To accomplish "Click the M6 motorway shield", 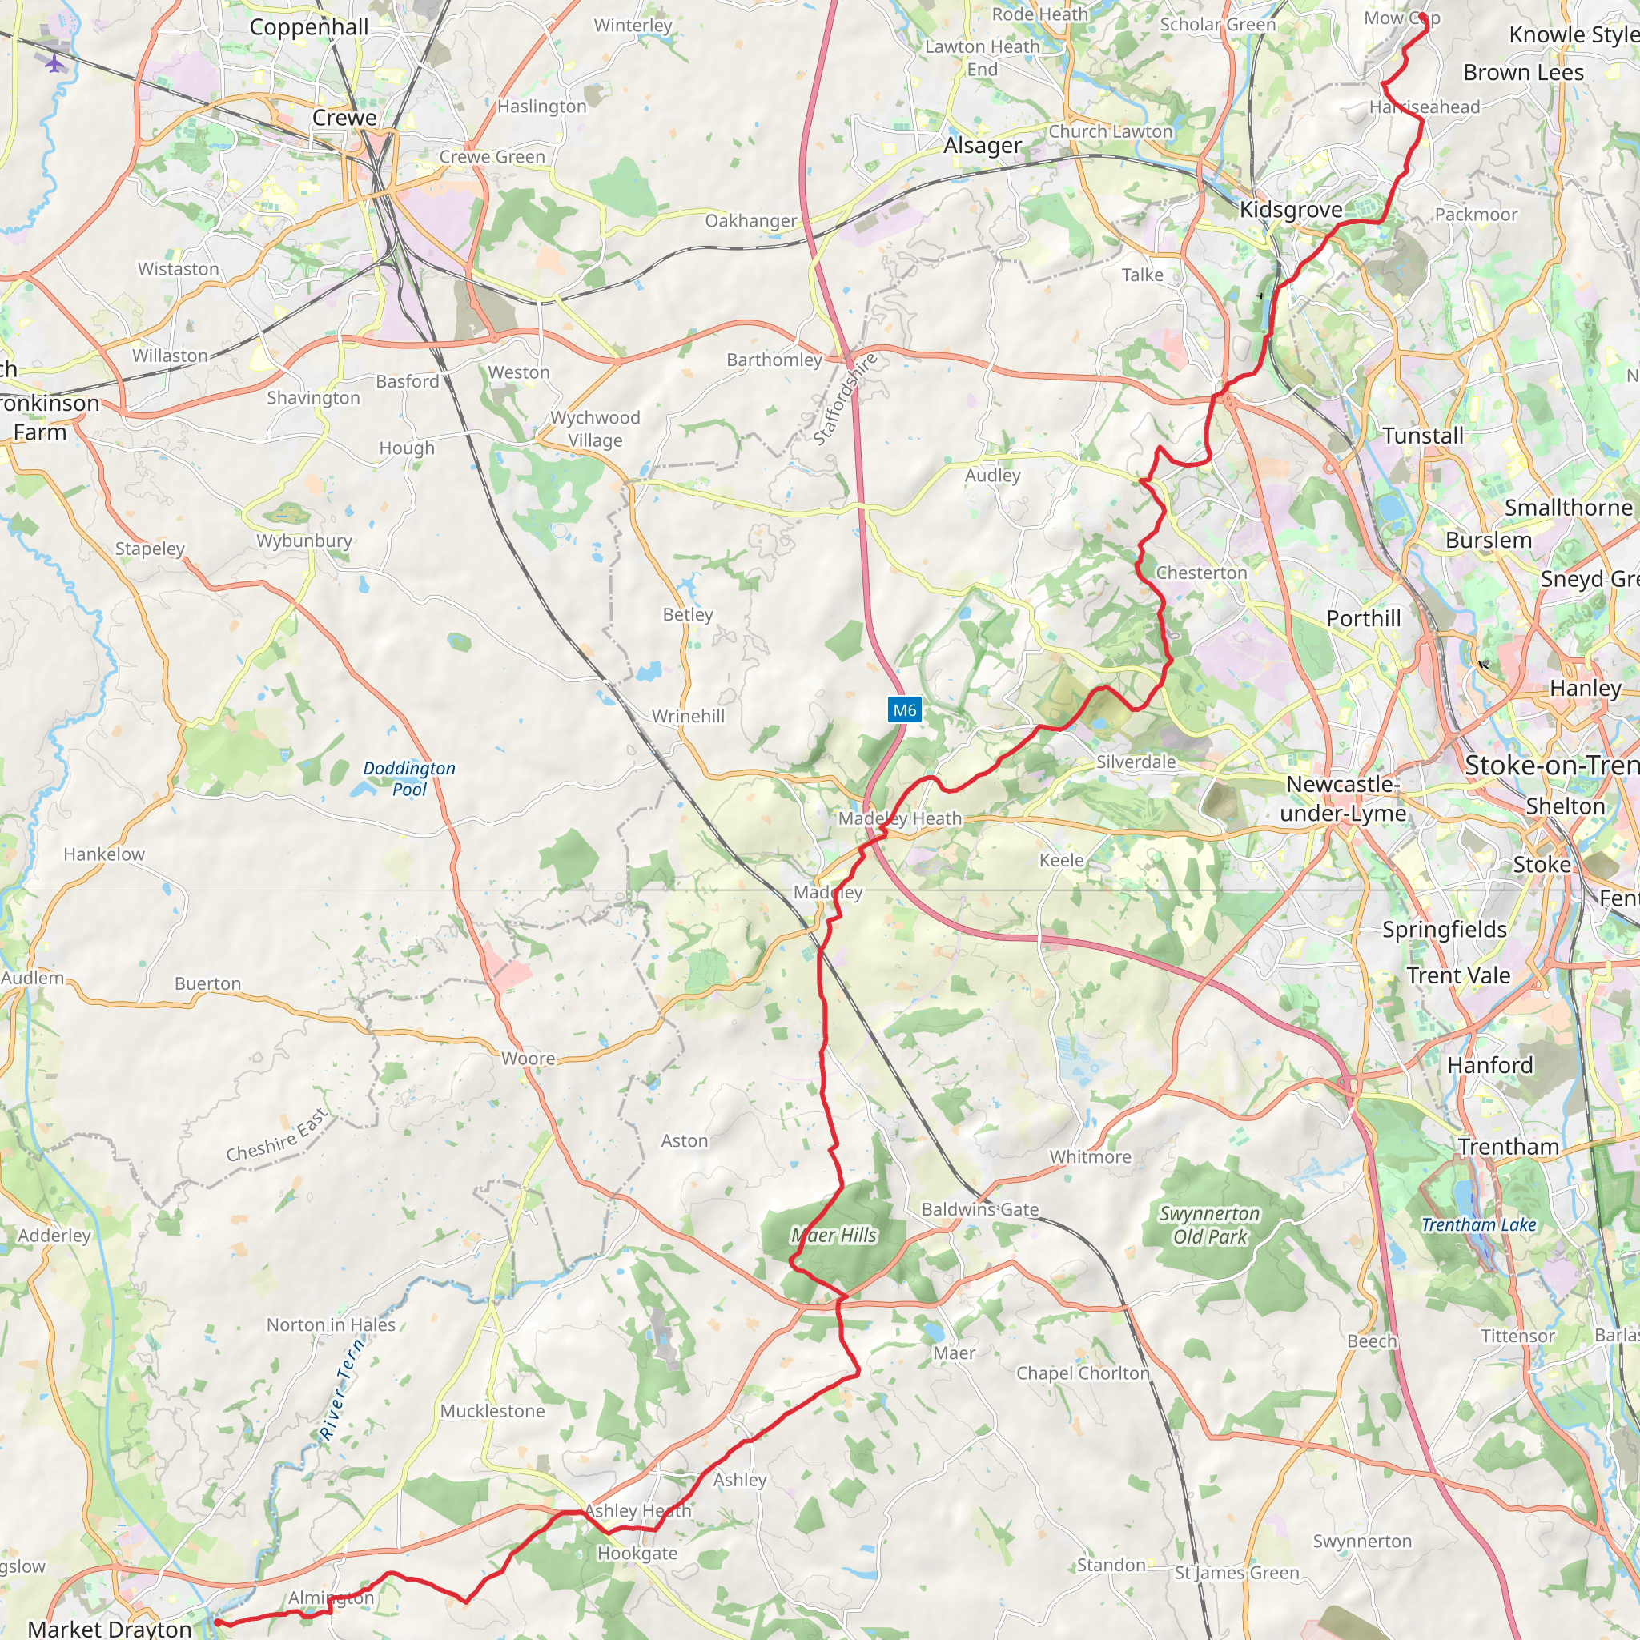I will coord(904,709).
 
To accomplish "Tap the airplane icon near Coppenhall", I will coord(54,64).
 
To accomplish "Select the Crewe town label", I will coord(344,118).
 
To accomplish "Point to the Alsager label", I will coord(983,146).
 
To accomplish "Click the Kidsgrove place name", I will coord(1291,210).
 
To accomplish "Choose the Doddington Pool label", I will coord(409,778).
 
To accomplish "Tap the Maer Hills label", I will coord(834,1235).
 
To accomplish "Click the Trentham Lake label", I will coord(1479,1224).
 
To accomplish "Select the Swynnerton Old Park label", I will coord(1210,1225).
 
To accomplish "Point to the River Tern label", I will coord(342,1389).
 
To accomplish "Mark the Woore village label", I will coord(528,1059).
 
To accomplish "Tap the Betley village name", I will coord(688,614).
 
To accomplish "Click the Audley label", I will coord(992,476).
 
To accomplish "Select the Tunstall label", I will coord(1423,436).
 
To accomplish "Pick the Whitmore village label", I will coord(1090,1157).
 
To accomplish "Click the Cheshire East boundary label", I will coord(277,1135).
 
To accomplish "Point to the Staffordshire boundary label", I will coord(846,399).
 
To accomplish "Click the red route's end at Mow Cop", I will coord(1423,16).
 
